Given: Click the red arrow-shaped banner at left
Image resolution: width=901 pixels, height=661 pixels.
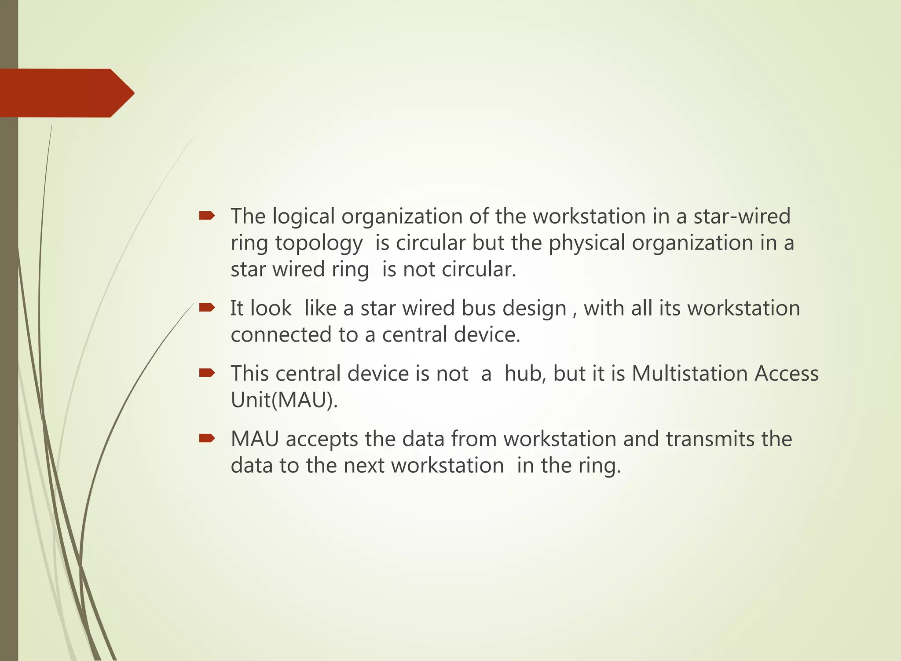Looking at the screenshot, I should point(66,93).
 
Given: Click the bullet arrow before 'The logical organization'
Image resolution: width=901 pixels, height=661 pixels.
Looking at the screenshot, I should point(207,215).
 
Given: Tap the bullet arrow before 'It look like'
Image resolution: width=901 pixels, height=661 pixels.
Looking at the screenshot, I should point(207,307).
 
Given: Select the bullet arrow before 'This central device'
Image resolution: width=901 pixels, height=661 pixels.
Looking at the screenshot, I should point(207,373).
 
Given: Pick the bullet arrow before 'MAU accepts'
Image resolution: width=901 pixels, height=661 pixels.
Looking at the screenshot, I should point(207,438).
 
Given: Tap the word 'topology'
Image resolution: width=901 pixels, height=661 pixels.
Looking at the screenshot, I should point(319,243).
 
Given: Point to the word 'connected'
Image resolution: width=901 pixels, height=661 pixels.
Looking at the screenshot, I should point(281,334).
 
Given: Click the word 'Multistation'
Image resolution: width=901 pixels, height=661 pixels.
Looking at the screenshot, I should point(690,373).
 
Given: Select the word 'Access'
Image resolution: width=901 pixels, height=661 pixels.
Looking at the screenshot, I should point(787,373).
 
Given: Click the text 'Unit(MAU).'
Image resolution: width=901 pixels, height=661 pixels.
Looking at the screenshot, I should point(284,400).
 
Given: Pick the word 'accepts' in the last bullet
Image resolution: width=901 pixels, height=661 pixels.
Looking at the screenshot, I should point(322,440).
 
